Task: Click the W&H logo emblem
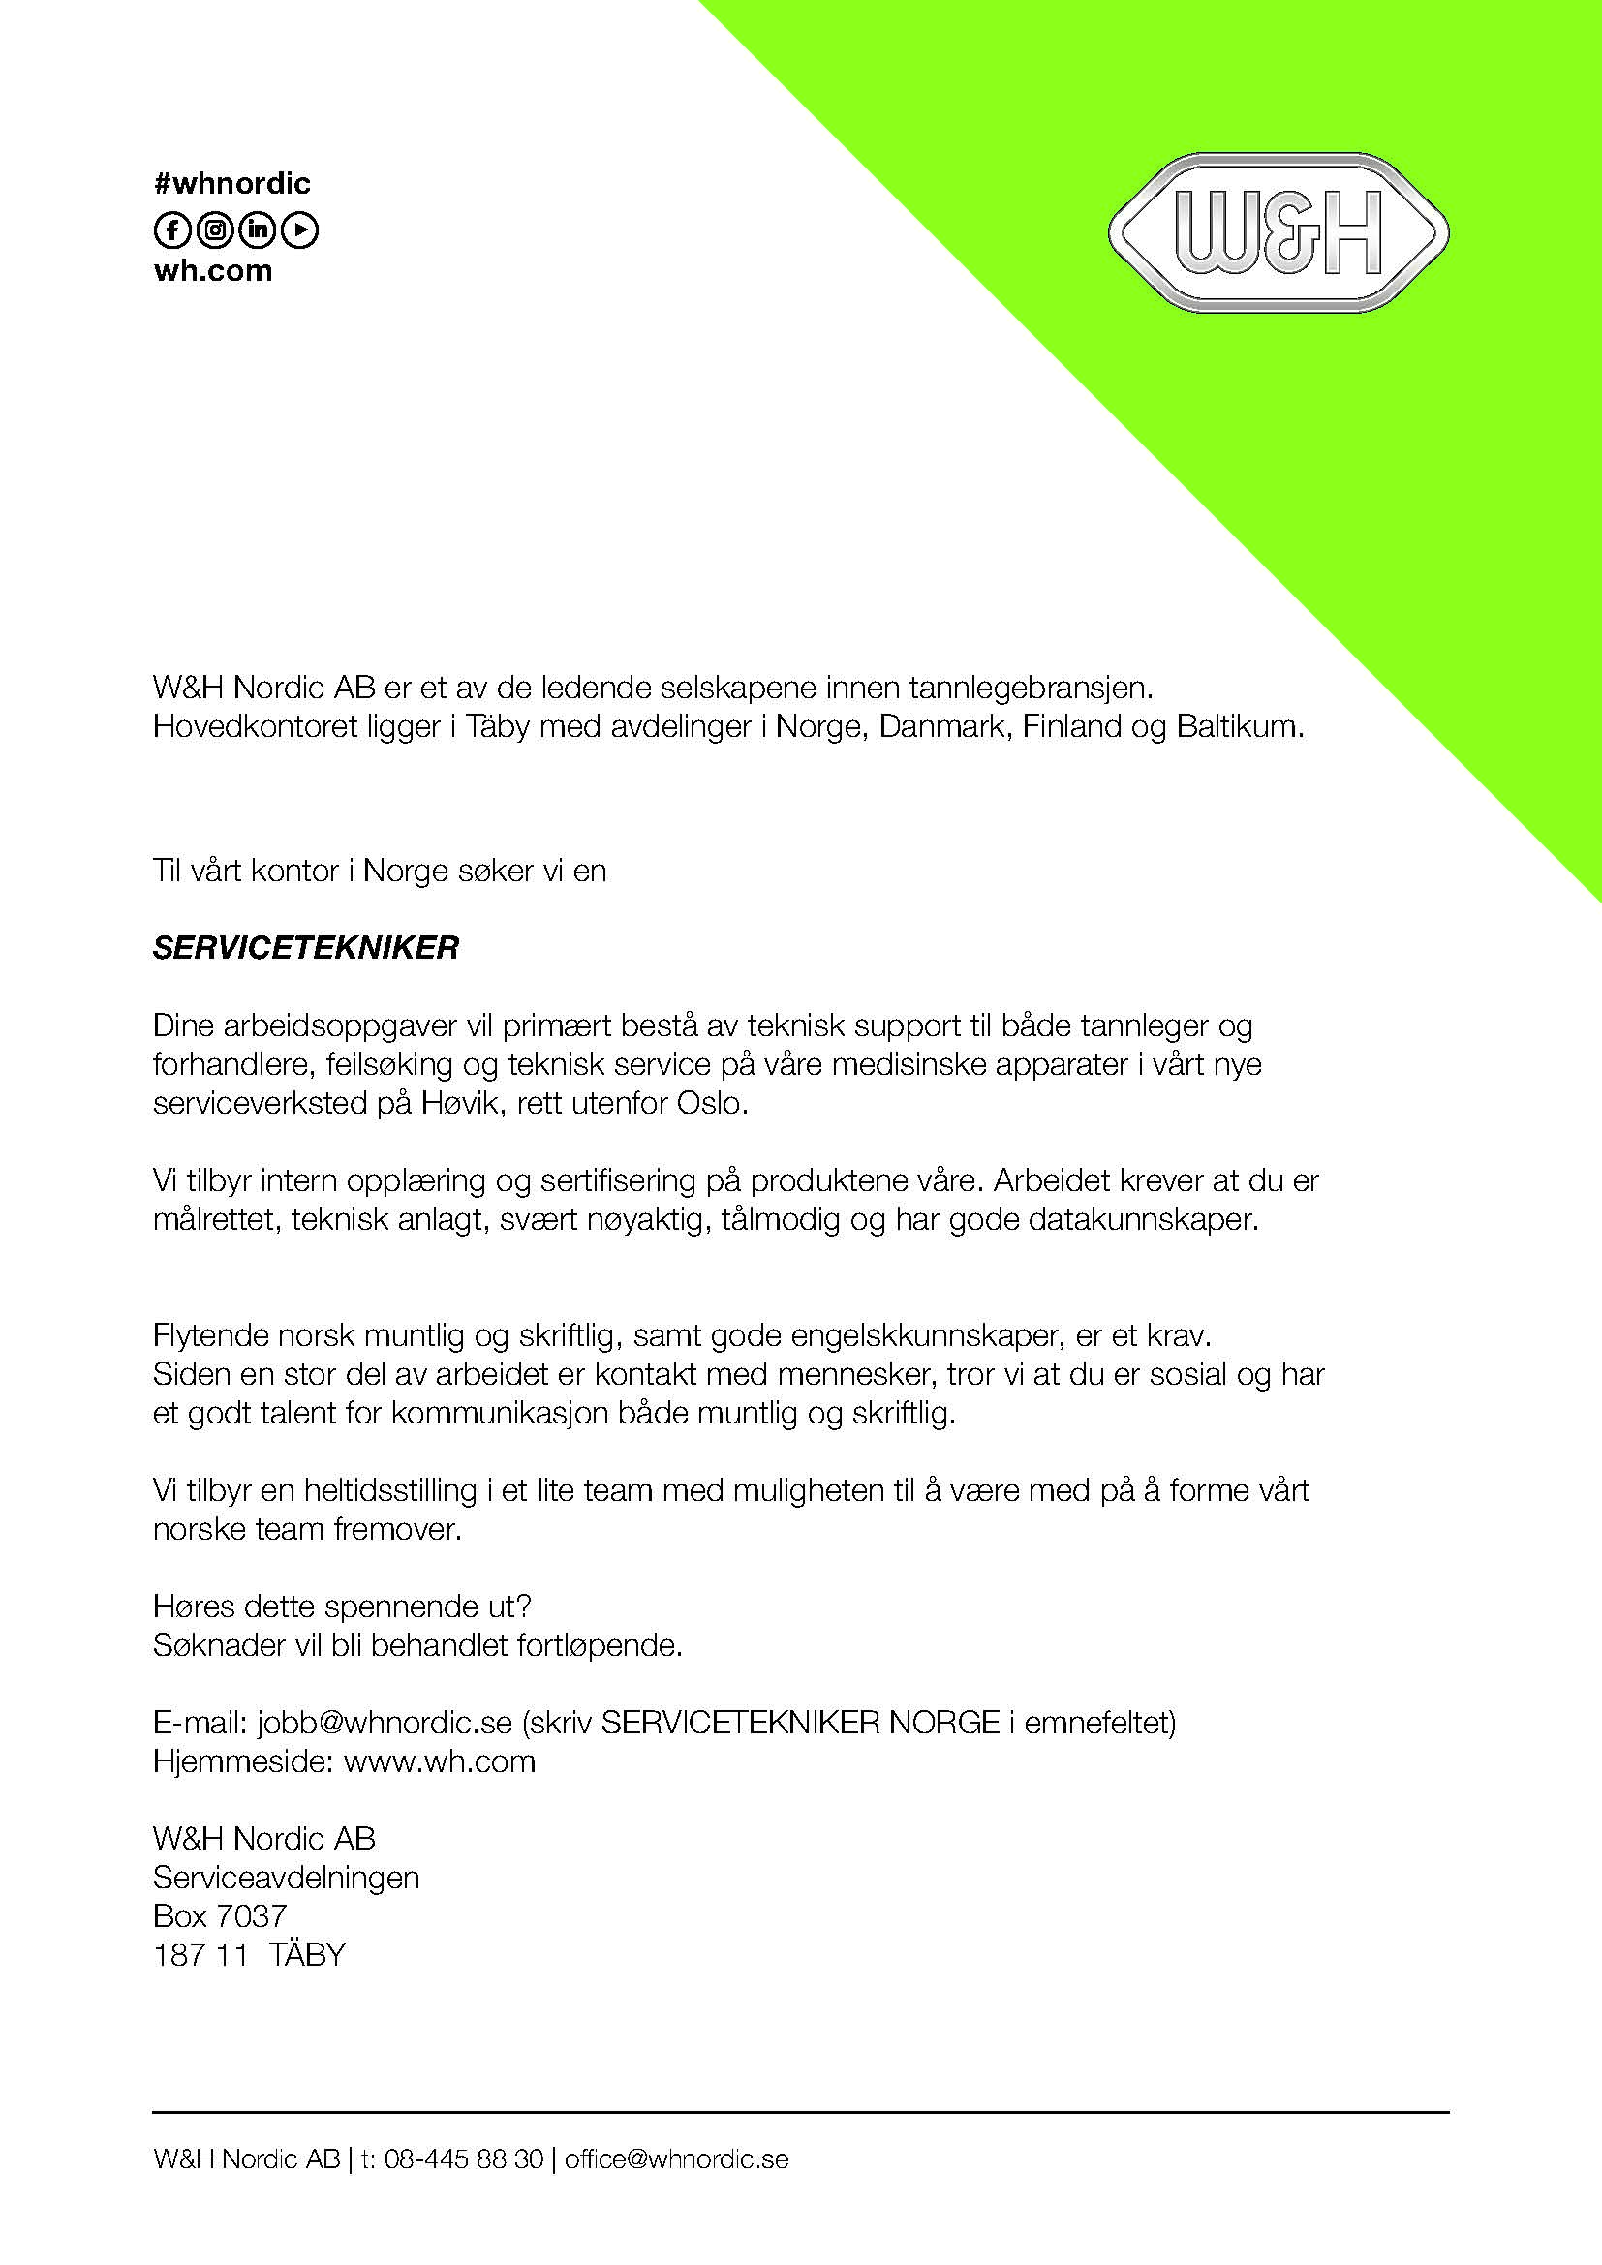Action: [1279, 232]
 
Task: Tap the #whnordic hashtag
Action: [231, 183]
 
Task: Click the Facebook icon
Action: [171, 230]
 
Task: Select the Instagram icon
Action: [215, 230]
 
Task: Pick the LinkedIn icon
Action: [259, 230]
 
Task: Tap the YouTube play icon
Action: [301, 230]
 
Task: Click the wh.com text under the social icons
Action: [212, 271]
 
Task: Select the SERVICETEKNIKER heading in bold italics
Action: [306, 948]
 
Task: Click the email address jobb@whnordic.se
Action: [385, 1723]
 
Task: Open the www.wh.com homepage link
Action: [439, 1760]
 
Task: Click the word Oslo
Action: [711, 1103]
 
